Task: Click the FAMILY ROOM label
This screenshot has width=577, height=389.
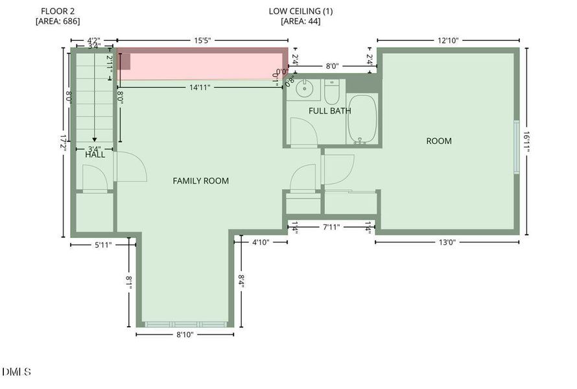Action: [200, 181]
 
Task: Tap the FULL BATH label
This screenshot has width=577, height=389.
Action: [329, 111]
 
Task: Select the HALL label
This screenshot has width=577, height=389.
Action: [95, 154]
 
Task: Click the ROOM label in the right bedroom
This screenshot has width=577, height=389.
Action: [439, 141]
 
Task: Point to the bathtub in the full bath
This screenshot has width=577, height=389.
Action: [362, 120]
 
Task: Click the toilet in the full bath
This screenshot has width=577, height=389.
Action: [331, 93]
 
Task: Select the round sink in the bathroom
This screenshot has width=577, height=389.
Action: [303, 89]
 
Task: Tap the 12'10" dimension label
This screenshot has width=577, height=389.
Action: [447, 40]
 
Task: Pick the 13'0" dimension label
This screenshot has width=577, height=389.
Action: [447, 242]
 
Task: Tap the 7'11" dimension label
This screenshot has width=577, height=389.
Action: [331, 227]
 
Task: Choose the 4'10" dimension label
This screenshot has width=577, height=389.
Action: [260, 242]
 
